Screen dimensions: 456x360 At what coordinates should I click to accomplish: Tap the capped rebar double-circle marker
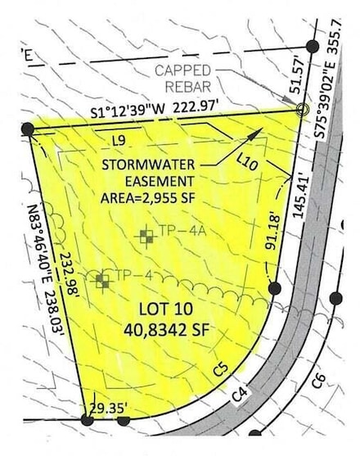tap(302, 109)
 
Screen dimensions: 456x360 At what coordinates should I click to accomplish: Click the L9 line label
tap(119, 141)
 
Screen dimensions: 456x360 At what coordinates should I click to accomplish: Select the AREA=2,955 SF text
tap(148, 197)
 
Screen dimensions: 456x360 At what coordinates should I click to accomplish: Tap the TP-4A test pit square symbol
tap(146, 237)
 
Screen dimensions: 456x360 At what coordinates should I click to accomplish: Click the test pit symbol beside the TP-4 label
tap(102, 282)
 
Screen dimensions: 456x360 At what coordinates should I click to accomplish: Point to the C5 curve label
tap(219, 370)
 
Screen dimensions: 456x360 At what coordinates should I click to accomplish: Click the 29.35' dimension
tap(103, 406)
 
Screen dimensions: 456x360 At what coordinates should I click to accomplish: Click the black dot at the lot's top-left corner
tap(28, 129)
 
